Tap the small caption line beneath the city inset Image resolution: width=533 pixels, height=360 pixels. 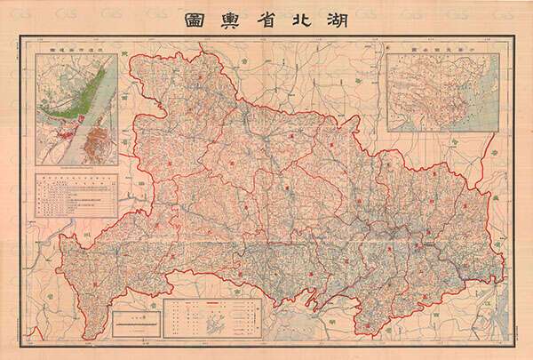tap(76, 166)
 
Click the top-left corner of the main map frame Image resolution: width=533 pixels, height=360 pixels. tap(22, 38)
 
